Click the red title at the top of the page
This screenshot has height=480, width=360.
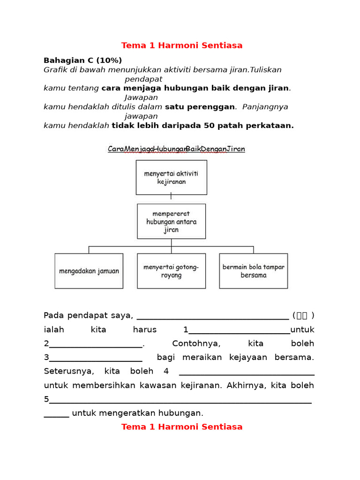182,45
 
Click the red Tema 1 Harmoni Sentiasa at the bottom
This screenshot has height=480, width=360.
182,427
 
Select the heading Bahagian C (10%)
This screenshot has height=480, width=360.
82,60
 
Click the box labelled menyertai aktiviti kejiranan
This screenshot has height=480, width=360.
171,177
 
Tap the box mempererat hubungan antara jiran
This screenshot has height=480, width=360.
171,221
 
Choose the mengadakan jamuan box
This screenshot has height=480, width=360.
89,271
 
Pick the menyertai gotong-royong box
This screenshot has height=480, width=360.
171,271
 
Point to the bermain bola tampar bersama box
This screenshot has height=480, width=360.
253,271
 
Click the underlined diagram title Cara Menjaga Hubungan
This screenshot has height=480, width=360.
176,149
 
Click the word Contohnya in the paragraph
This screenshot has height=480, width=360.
196,344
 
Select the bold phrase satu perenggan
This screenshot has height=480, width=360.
200,107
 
